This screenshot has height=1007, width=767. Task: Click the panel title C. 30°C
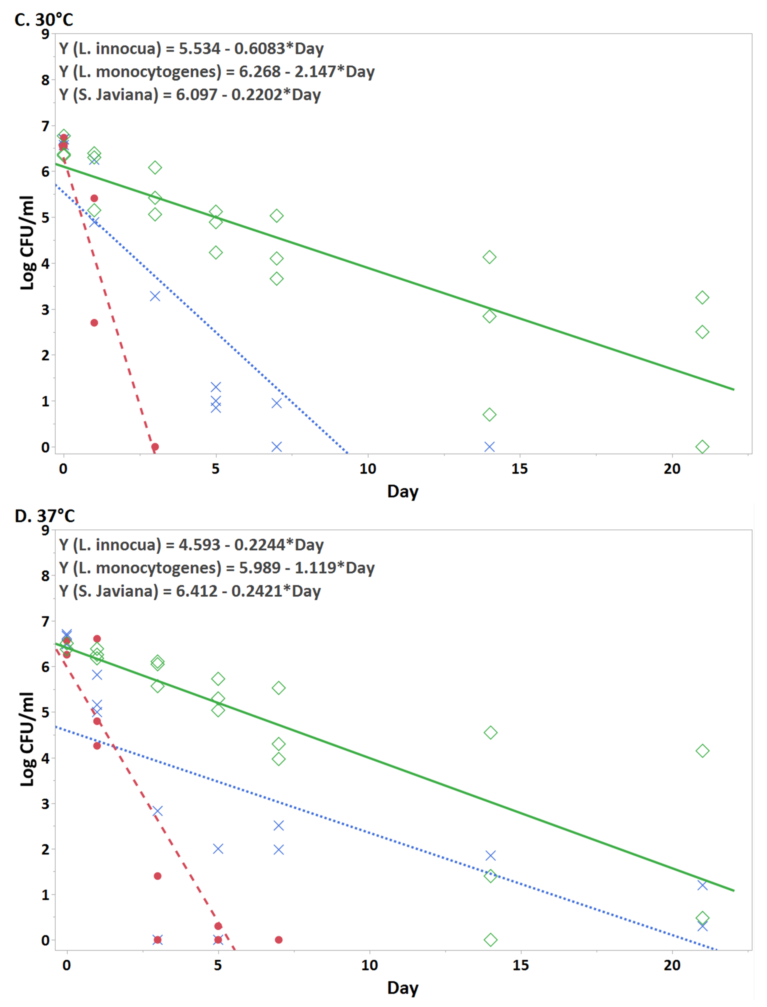[44, 20]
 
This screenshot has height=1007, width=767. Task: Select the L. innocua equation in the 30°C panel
[191, 48]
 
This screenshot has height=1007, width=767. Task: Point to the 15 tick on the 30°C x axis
[520, 469]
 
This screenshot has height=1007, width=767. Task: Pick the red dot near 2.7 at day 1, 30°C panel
[94, 323]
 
